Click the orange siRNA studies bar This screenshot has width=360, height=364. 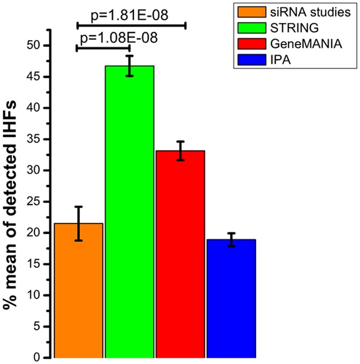(78, 291)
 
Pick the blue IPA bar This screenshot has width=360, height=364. (231, 299)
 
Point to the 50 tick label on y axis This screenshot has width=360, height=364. (35, 45)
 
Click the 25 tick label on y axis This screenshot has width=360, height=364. (35, 202)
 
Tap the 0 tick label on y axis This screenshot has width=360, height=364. (38, 358)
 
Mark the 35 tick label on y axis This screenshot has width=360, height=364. (35, 139)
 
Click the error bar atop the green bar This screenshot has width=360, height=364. (130, 66)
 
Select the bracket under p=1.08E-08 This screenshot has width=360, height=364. (103, 48)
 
